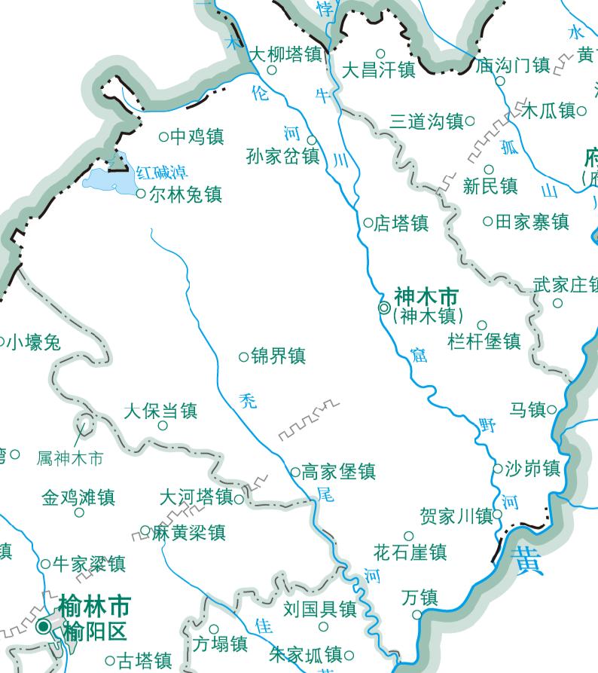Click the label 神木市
coord(426,296)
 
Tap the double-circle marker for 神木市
coord(384,307)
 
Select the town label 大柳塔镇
coord(285,54)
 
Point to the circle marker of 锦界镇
coord(243,356)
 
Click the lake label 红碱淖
coord(163,173)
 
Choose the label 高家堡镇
coord(338,473)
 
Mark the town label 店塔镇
coord(401,223)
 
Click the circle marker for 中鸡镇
coord(163,136)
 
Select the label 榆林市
coord(94,606)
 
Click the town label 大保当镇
coord(160,411)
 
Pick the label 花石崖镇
coord(410,552)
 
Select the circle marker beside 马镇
coord(552,410)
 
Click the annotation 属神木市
coord(70,457)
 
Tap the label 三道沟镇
coord(426,121)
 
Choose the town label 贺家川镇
coord(456,516)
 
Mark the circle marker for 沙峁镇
coord(498,469)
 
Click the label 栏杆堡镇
coord(484,341)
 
